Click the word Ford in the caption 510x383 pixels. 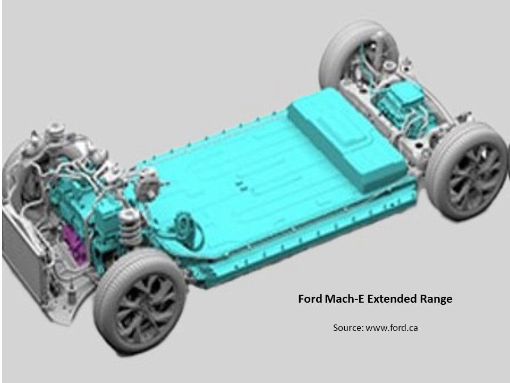310,298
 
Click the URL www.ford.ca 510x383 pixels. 392,327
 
